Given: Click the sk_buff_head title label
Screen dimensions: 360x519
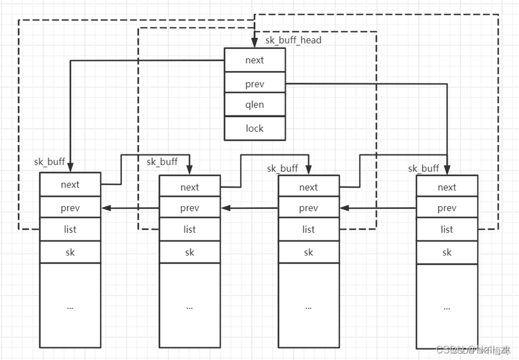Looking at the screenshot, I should pos(293,40).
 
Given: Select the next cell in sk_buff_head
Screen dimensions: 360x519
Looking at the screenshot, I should pos(255,60).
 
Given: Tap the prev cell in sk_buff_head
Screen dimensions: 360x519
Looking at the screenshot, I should pos(255,84).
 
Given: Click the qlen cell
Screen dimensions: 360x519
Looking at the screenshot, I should pos(255,105).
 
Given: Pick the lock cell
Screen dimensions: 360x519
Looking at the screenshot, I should pos(255,128).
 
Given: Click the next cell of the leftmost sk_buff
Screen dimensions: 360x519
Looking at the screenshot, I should pos(70,185).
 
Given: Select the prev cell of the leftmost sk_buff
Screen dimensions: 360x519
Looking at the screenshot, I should pos(70,207).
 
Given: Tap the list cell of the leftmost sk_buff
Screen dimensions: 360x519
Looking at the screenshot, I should pos(70,229).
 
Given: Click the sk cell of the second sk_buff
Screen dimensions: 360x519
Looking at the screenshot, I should pos(189,252).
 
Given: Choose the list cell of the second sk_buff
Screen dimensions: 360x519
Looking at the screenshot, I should pos(189,229).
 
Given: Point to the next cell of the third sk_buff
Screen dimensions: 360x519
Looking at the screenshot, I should pos(308,187).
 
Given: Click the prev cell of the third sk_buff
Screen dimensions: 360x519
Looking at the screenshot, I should pos(308,208).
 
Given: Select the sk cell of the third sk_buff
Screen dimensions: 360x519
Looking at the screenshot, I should pos(308,252).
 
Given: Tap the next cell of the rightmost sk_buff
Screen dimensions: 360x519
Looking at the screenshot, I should pos(446,187).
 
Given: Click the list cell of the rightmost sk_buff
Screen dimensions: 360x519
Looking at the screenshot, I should pos(446,229).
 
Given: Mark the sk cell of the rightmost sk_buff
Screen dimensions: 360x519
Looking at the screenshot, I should pos(446,252).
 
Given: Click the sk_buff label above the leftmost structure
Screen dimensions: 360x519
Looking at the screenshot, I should pos(49,162).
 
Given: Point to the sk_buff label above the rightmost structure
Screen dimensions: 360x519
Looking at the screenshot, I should pos(423,168).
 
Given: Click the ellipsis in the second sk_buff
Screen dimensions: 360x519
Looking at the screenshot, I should pos(189,306).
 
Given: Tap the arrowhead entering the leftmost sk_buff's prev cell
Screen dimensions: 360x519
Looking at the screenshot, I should pos(105,208).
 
